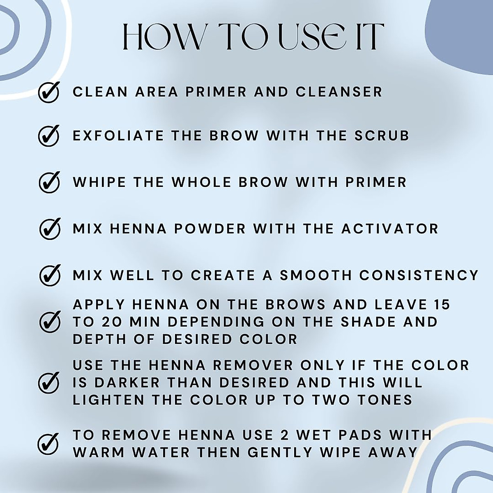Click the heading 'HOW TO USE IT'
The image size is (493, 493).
pos(253,37)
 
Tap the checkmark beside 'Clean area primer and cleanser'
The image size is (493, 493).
pos(49,92)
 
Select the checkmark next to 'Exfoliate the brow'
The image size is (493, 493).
pos(49,135)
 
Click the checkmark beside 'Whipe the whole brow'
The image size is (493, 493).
pos(49,182)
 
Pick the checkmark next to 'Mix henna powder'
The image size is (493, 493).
pos(50,228)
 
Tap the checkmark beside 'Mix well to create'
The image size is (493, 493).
pos(50,275)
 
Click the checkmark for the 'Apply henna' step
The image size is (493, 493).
pos(50,321)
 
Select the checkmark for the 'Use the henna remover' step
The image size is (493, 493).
pos(49,382)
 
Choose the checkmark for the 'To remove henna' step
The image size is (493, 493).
pos(48,443)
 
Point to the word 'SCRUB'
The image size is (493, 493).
pos(382,136)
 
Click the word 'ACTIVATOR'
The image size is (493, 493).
pos(390,228)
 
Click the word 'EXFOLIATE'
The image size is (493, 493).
pos(118,136)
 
